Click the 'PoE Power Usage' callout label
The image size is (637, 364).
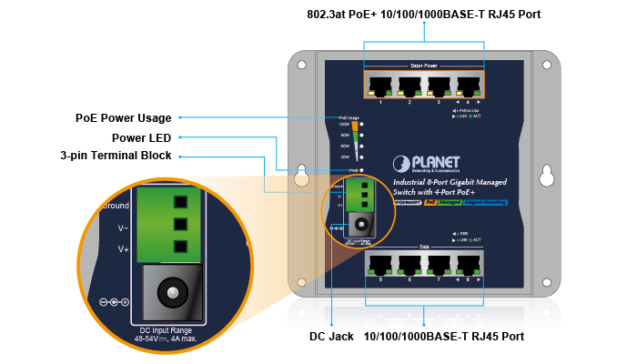coord(122,118)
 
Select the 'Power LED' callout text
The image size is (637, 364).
coord(143,137)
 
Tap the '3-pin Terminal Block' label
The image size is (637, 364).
coord(116,156)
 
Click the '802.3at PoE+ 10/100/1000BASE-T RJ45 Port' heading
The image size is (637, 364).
coord(424,15)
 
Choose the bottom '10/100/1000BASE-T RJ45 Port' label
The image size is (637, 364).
coord(444,337)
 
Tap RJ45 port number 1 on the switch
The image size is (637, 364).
coord(380,86)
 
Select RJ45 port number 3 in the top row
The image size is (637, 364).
coord(439,86)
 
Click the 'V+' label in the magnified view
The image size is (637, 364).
coord(123,248)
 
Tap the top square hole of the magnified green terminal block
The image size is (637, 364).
coord(178,202)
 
